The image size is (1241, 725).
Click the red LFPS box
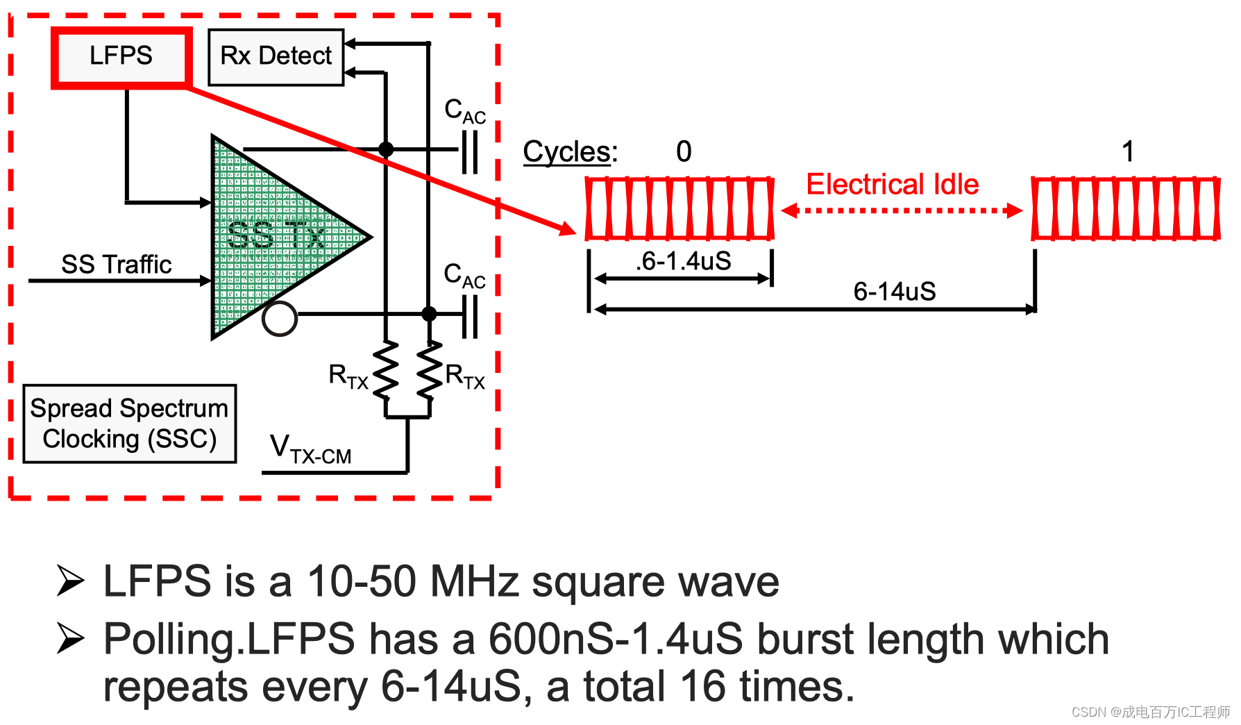coord(121,57)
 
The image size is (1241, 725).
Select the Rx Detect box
coord(276,57)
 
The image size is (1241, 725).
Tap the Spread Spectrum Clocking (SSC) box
coord(129,424)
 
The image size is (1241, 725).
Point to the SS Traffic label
coord(116,265)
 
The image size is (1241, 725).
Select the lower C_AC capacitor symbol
coord(470,315)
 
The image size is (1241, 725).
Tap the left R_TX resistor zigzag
coord(386,370)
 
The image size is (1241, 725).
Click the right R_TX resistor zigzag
coord(430,370)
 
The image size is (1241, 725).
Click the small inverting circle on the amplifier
coord(280,319)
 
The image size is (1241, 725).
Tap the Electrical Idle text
coord(892,185)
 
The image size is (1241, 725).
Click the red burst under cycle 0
coord(679,208)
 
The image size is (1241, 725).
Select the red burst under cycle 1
coord(1125,208)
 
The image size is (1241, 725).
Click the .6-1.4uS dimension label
coord(684,262)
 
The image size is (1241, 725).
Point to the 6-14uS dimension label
coord(894,292)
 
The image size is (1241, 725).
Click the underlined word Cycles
coord(568,151)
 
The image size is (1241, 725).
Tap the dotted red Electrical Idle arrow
coord(902,210)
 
